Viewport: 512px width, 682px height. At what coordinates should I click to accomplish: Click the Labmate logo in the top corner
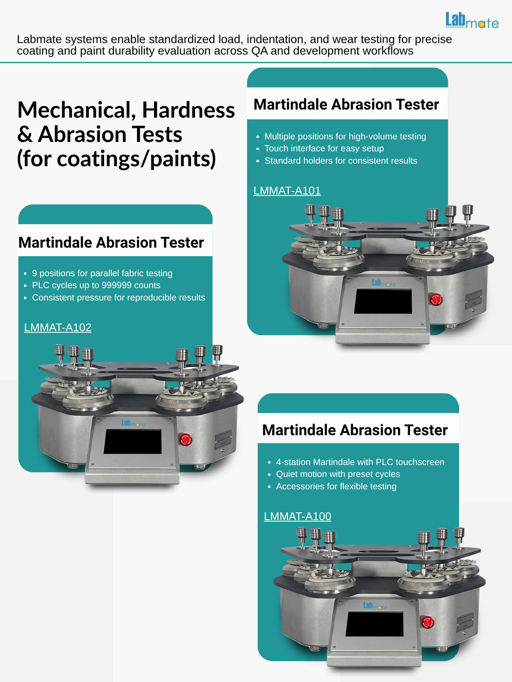[472, 20]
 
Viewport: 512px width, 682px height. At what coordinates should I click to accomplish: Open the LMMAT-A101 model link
[287, 191]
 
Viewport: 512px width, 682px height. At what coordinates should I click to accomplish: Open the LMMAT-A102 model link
[58, 327]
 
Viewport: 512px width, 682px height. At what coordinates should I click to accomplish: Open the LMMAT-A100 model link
[297, 516]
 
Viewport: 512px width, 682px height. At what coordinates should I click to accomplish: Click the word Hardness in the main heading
[189, 110]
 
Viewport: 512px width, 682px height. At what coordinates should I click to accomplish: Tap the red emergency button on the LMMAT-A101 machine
[436, 300]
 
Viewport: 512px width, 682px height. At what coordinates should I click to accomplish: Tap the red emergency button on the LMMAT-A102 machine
[186, 439]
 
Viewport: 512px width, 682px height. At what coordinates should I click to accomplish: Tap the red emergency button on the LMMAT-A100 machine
[428, 622]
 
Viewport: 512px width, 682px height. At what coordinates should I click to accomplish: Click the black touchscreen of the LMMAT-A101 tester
[383, 301]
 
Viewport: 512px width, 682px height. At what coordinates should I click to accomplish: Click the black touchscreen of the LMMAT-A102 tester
[133, 441]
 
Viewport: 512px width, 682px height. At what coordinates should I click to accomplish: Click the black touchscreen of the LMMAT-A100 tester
[375, 624]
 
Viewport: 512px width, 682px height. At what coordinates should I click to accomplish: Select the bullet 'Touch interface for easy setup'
[324, 148]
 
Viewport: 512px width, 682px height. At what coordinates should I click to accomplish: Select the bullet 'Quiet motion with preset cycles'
[338, 474]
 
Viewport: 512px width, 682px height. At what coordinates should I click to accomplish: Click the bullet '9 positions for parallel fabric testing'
[102, 273]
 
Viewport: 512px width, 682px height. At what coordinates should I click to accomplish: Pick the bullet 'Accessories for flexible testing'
[336, 486]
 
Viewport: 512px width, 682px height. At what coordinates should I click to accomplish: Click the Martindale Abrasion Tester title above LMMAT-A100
[355, 430]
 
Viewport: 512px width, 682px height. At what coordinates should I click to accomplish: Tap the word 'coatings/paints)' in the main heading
[136, 159]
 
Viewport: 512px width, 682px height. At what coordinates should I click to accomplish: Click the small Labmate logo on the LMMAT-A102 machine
[134, 423]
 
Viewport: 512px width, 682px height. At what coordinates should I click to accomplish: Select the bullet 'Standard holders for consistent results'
[341, 161]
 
